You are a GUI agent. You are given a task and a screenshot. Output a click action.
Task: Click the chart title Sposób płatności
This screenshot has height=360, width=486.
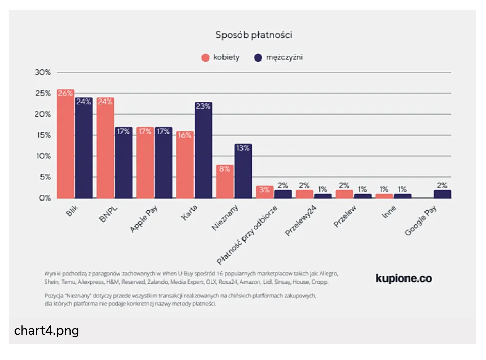pos(253,35)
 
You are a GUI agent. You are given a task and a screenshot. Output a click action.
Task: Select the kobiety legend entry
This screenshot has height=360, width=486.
pos(220,57)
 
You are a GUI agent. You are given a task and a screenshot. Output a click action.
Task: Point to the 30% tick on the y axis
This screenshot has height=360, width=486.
pos(43,72)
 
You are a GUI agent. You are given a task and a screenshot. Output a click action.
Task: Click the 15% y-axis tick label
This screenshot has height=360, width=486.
pos(43,135)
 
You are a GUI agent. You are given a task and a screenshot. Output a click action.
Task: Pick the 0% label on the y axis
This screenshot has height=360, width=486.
pos(45,198)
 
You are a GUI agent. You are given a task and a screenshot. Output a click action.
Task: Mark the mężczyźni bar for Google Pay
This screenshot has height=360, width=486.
pos(442,194)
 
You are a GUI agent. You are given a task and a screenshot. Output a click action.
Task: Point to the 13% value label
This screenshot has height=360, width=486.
pos(243,148)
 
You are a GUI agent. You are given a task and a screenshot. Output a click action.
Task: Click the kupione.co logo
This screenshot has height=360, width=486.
pos(403,278)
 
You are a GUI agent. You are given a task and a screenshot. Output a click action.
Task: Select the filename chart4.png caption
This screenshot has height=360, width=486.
pos(47,331)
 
